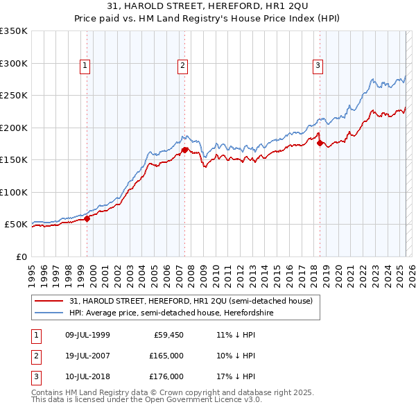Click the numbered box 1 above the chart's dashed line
pos(85,66)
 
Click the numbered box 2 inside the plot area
pos(182,66)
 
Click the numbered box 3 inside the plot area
pos(318,66)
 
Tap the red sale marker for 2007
pos(185,150)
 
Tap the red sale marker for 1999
pos(87,218)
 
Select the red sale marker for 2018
pos(320,143)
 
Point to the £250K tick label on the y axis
pos(14,96)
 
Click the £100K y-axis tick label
pos(14,192)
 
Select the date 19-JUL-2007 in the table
pos(85,356)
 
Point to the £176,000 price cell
pos(167,376)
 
